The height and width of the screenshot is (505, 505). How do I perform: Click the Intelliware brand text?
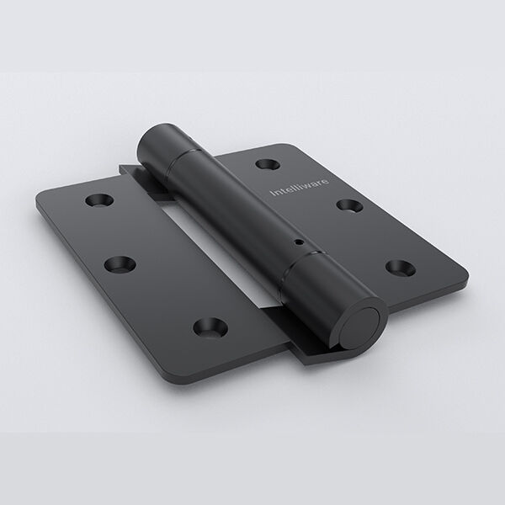coord(300,187)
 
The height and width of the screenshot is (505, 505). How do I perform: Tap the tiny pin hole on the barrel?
coord(300,242)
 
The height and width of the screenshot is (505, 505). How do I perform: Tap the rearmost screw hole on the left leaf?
coord(99,200)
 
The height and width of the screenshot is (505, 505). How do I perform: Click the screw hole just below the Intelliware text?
coord(350,205)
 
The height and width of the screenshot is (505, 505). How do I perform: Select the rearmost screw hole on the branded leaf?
coord(268,164)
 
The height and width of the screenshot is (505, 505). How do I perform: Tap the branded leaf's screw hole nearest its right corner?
coord(401,268)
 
